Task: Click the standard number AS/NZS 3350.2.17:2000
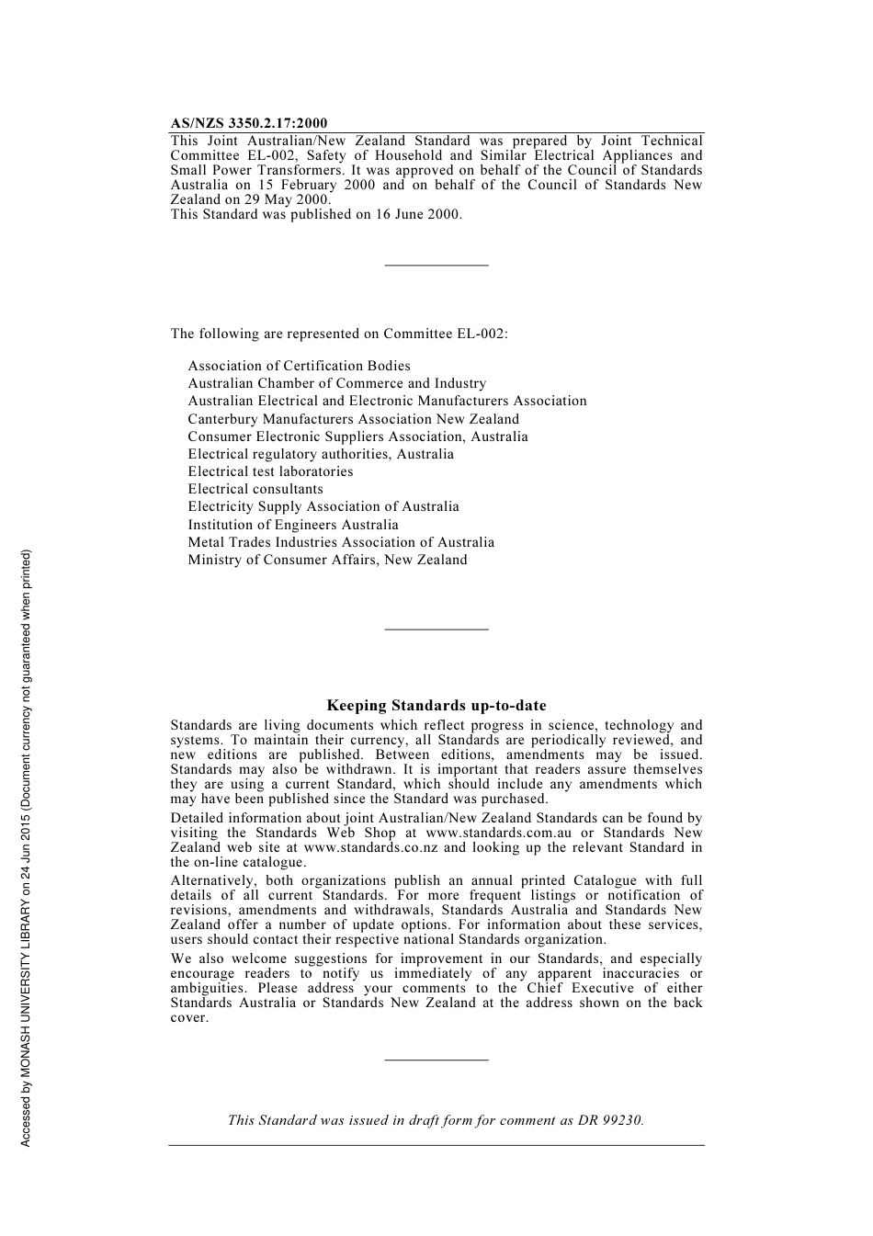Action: pos(248,123)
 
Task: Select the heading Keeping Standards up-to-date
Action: pos(436,706)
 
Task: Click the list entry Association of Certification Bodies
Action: pos(299,366)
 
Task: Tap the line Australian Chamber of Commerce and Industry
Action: pos(336,383)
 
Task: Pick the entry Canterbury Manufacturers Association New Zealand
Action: pos(353,419)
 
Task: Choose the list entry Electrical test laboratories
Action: pos(270,471)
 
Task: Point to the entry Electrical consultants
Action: pos(255,489)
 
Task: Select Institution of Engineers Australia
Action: pos(293,525)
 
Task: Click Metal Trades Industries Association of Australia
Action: pos(341,542)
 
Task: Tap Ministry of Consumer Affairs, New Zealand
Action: pos(327,560)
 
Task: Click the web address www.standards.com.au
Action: pos(498,833)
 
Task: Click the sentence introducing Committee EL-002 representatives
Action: pos(338,334)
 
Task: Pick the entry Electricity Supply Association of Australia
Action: pos(323,506)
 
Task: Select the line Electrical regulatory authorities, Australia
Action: pos(321,454)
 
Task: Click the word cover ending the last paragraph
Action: pos(188,1017)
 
